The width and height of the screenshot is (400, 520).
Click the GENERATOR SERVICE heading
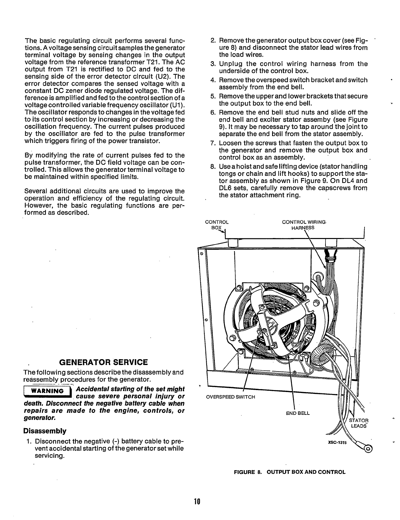coord(103,362)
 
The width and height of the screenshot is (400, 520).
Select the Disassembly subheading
coord(45,431)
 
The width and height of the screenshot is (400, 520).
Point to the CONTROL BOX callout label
coord(217,225)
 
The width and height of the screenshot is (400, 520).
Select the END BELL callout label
coord(298,414)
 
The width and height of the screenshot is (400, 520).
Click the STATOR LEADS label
coord(358,423)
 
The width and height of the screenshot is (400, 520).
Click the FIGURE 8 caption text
coord(290,472)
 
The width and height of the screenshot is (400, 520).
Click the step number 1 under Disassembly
coord(29,442)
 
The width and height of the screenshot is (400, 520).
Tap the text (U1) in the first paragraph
coord(177,105)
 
